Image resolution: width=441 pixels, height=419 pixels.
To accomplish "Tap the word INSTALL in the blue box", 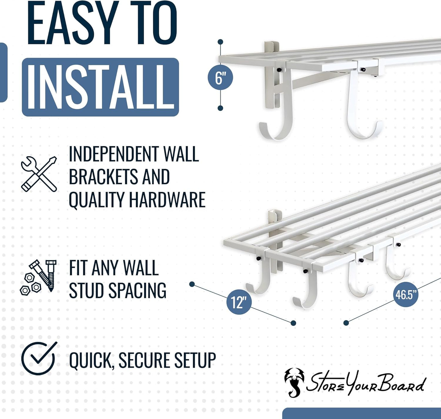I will pos(100,87).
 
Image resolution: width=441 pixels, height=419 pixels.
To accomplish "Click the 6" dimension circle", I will pos(220,77).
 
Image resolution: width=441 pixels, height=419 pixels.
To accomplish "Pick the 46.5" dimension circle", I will pos(406,295).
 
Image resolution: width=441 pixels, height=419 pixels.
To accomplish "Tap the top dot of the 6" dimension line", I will pos(220,41).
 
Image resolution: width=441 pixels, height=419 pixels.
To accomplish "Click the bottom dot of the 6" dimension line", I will pos(220,108).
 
